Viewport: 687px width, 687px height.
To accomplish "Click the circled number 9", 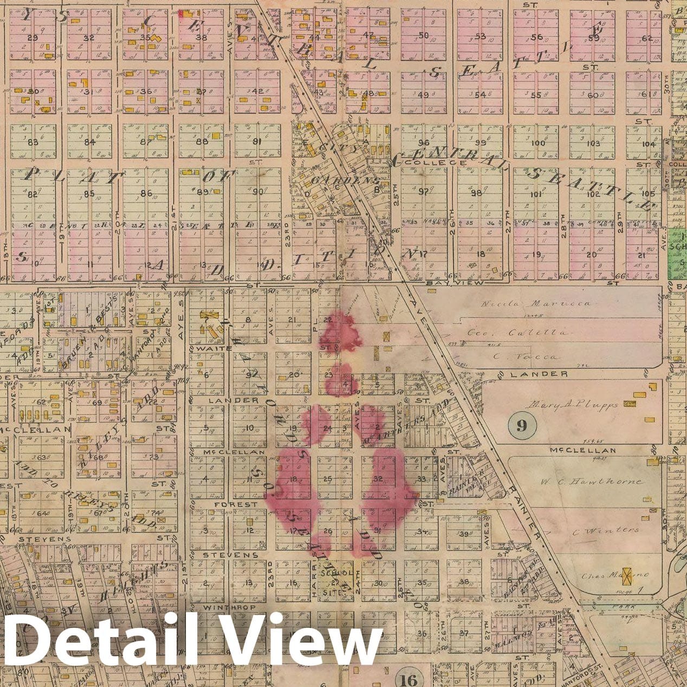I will [522, 425].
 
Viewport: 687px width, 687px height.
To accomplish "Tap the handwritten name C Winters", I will [606, 530].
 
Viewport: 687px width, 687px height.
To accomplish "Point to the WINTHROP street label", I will [221, 608].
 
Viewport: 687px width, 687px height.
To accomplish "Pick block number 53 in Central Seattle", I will [479, 36].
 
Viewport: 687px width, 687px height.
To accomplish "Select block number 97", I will [423, 191].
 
